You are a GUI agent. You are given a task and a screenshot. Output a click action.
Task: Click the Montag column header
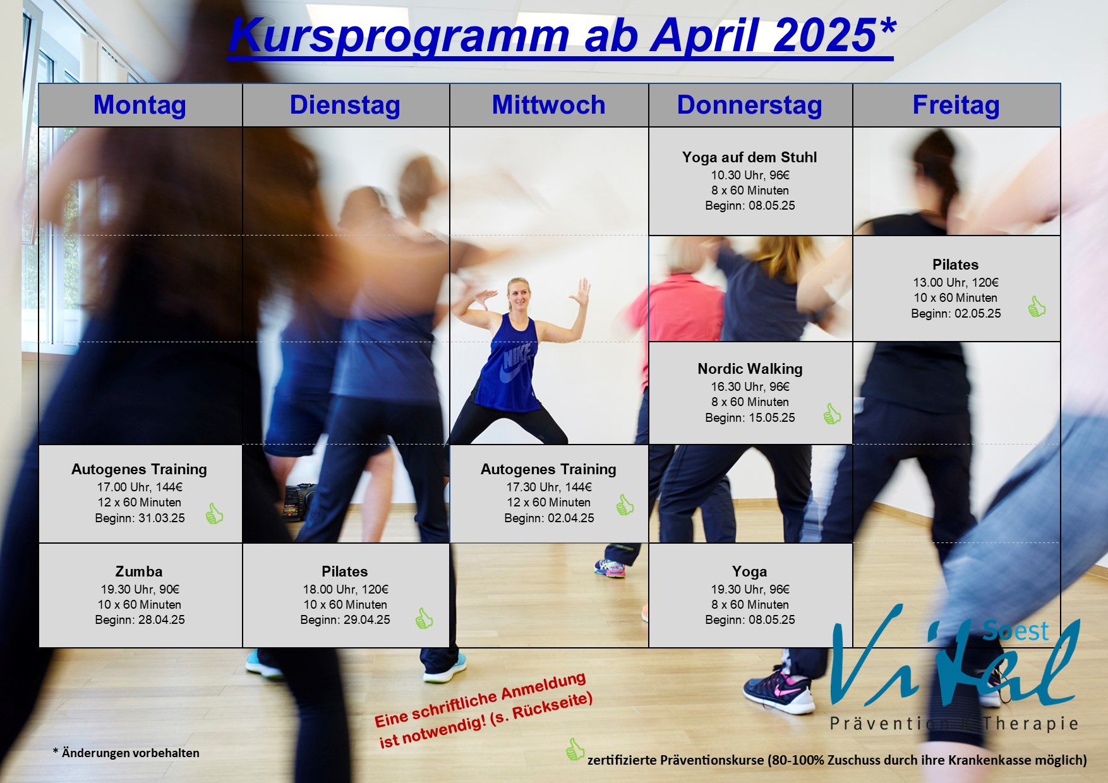(x=140, y=105)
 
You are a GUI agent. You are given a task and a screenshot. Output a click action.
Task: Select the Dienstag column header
(x=345, y=105)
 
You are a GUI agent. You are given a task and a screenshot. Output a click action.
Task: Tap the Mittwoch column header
(x=548, y=105)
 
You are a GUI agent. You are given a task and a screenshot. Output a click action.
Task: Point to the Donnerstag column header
(x=750, y=105)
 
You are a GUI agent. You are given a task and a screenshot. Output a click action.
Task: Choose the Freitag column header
(x=956, y=105)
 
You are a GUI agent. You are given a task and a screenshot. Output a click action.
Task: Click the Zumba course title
(x=139, y=571)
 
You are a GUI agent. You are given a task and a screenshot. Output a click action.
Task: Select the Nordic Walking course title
(x=750, y=369)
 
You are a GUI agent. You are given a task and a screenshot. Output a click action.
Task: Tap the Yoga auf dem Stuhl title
(x=750, y=157)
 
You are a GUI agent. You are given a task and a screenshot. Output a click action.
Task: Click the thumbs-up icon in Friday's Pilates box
(x=1036, y=307)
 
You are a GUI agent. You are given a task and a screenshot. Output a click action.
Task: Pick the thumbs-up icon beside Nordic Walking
(x=832, y=414)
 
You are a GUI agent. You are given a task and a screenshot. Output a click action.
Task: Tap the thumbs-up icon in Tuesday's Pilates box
(x=424, y=618)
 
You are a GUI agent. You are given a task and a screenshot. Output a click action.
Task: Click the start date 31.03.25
(x=162, y=518)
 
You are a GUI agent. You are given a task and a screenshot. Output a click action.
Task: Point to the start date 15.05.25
(x=772, y=418)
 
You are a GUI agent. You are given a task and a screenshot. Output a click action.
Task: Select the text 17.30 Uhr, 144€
(x=549, y=487)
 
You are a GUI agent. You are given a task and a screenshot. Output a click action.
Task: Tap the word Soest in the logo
(x=1015, y=630)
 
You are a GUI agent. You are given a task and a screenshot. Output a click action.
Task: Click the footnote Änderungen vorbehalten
(x=130, y=753)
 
